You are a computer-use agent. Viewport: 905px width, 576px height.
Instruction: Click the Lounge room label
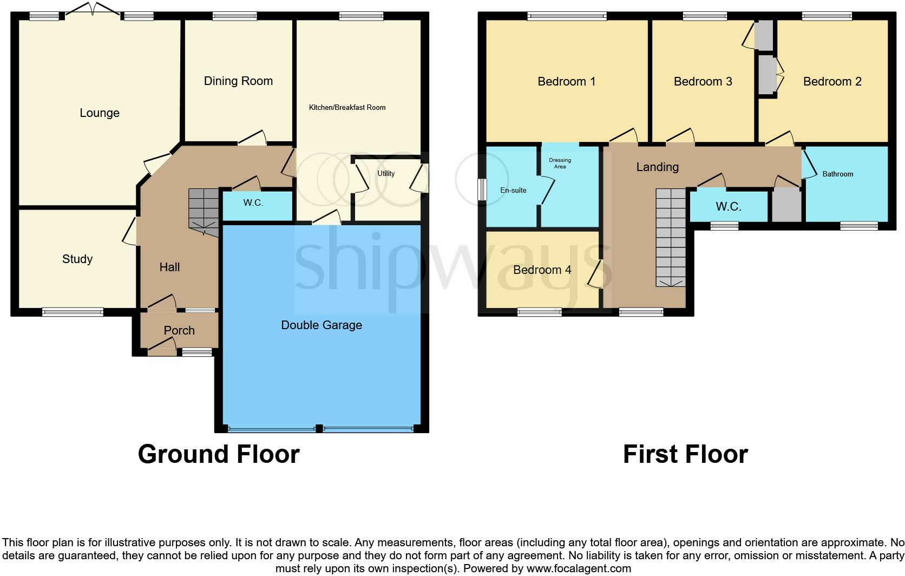point(100,113)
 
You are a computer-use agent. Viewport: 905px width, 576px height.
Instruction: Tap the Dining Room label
point(238,81)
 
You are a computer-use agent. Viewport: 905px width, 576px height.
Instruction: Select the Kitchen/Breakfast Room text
point(347,108)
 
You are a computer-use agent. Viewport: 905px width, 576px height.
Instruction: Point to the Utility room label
point(386,174)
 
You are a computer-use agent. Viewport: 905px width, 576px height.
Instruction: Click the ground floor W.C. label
point(253,203)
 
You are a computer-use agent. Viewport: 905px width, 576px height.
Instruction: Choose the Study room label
point(77,259)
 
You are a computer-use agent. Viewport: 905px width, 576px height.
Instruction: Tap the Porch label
point(179,331)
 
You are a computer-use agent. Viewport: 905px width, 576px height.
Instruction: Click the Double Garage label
point(322,325)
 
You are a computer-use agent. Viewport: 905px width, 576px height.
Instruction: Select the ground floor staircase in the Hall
point(204,212)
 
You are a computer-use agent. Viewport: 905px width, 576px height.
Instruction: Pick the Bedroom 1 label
point(566,82)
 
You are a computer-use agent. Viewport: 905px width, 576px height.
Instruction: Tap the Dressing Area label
point(560,163)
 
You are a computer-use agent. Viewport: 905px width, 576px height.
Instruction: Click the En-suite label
point(513,191)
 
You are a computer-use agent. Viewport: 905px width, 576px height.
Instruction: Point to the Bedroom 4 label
point(542,270)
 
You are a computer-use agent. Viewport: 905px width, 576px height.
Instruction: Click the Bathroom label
point(837,174)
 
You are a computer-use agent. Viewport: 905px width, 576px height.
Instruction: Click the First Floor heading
point(685,454)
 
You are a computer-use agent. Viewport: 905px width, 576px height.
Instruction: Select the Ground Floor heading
point(219,454)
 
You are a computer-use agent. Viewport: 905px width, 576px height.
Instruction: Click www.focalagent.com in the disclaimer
point(579,569)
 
